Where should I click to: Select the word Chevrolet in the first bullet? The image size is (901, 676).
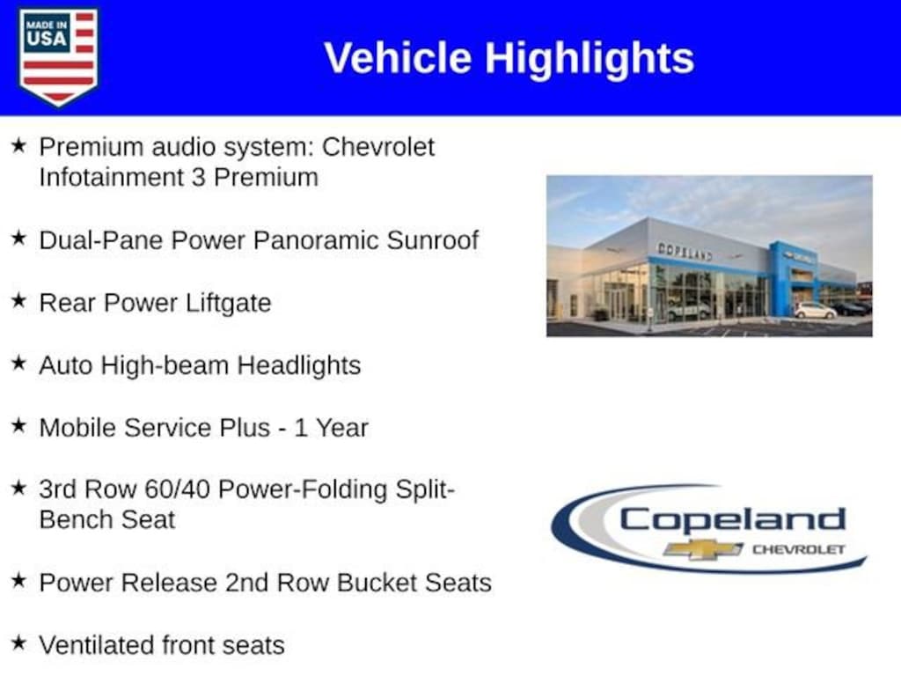pos(378,146)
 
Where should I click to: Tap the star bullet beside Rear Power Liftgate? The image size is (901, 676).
pos(18,301)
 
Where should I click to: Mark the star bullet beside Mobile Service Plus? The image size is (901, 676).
pos(18,426)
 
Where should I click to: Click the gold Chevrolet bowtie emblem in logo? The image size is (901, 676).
pos(702,549)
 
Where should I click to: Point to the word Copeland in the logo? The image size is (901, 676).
pos(732,519)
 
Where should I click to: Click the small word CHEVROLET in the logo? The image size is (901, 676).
pos(798,549)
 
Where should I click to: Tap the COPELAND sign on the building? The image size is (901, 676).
pos(685,251)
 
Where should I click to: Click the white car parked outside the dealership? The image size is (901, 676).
pos(815,310)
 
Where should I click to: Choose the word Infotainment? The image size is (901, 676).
pos(110,177)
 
